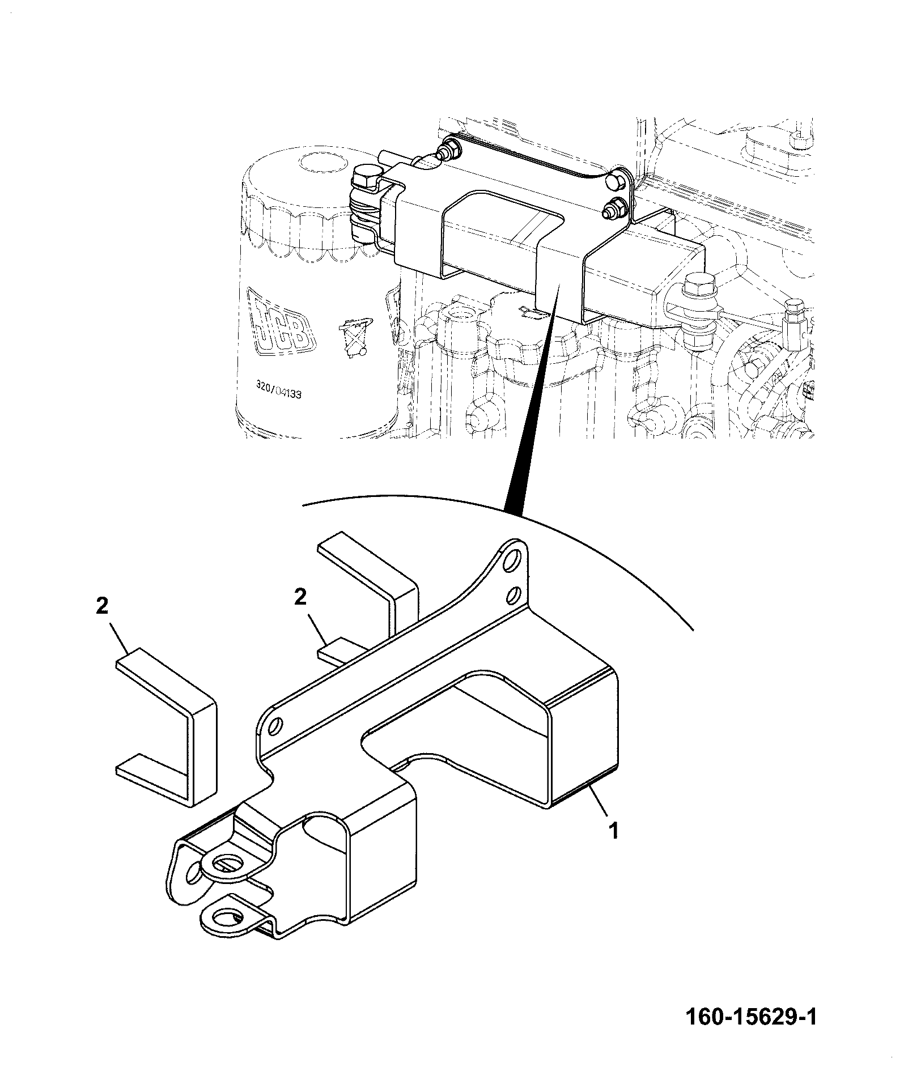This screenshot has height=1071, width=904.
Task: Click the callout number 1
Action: click(613, 831)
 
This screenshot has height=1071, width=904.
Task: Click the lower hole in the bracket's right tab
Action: click(512, 595)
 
